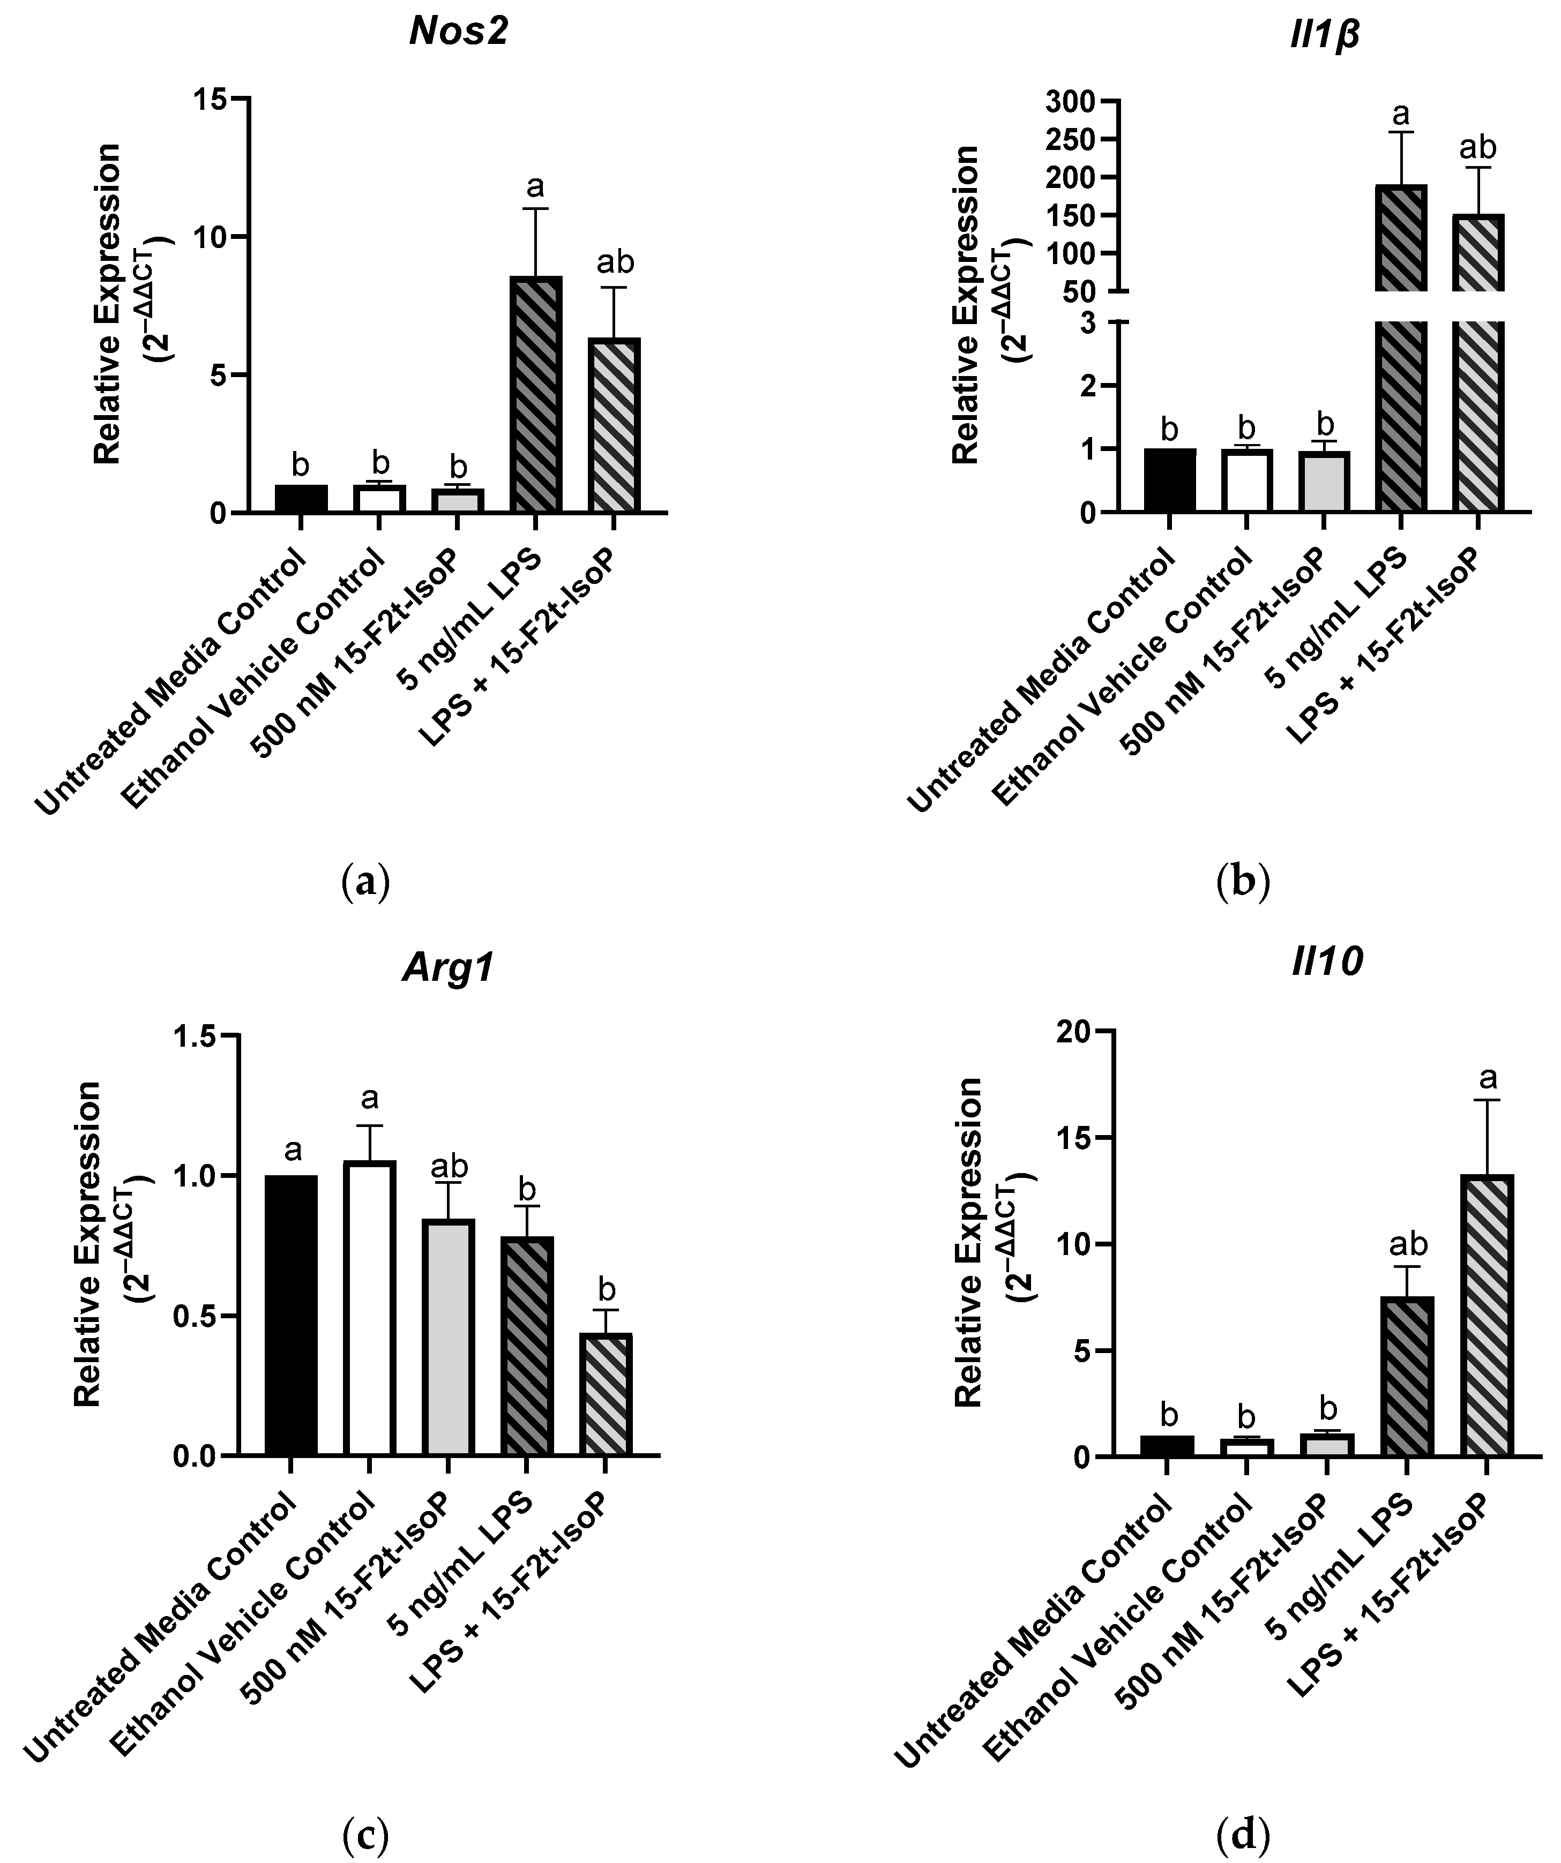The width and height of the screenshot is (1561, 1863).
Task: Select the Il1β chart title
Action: click(x=1326, y=35)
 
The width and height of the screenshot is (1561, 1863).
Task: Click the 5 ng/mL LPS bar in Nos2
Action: click(x=535, y=395)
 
